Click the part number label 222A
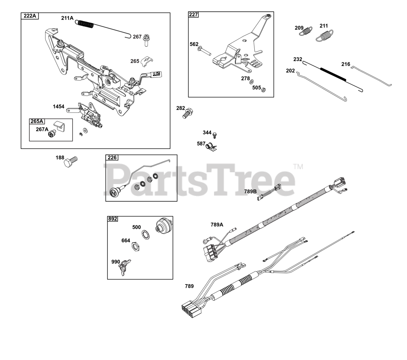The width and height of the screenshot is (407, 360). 30,16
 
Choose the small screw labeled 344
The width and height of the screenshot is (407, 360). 215,135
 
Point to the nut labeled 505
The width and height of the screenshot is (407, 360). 263,90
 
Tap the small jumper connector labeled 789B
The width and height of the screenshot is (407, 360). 269,193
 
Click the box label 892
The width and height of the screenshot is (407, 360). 113,219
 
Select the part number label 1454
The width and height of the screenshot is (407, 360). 59,106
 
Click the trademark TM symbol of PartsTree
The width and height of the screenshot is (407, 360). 298,166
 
